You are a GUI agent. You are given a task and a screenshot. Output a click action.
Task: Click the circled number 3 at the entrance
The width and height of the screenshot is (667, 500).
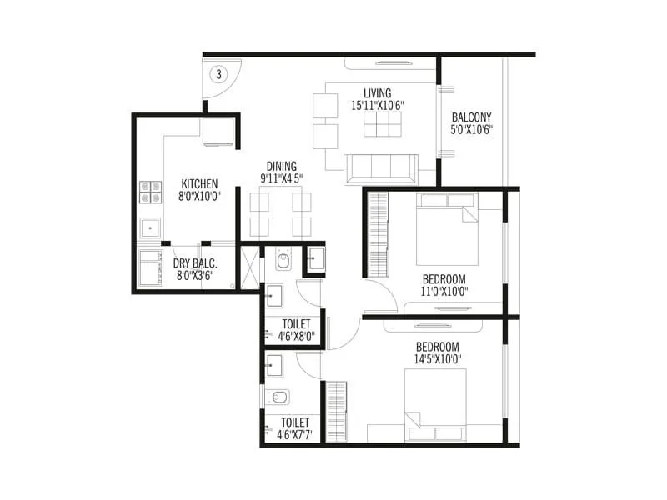click(219, 74)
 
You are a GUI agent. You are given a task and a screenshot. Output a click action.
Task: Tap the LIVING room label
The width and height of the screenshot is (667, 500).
click(377, 92)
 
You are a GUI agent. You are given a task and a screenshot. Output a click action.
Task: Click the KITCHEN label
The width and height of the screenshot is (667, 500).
click(199, 184)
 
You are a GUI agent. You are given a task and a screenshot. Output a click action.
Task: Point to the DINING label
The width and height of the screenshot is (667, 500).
click(281, 166)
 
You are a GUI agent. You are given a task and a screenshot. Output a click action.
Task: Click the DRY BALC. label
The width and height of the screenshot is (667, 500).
click(195, 263)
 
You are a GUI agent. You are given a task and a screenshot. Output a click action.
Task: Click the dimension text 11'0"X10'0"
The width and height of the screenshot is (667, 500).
click(444, 291)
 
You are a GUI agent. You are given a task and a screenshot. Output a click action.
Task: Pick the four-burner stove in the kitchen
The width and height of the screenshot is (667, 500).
click(151, 192)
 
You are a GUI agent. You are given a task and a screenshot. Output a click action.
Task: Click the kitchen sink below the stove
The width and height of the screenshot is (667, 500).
click(151, 227)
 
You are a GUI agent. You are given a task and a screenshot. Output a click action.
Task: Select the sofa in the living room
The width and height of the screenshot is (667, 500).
click(381, 168)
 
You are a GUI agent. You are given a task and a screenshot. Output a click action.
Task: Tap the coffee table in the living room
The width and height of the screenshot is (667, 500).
click(383, 123)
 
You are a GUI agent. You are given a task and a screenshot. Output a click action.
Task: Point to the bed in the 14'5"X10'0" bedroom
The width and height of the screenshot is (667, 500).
click(434, 405)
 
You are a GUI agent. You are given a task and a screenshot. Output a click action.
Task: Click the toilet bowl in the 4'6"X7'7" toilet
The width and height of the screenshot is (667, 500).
click(278, 397)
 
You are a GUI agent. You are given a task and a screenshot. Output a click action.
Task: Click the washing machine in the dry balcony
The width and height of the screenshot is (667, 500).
click(152, 267)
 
